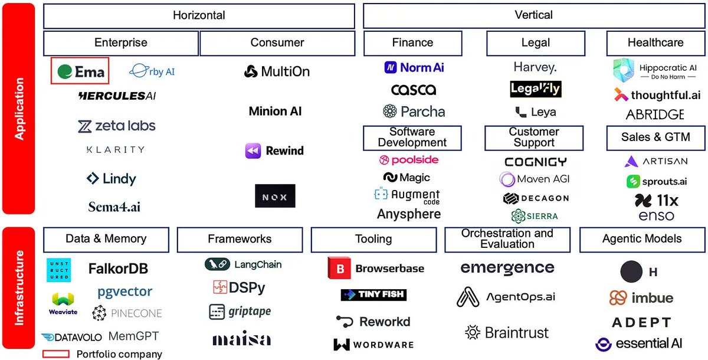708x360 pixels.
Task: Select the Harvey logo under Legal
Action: point(535,67)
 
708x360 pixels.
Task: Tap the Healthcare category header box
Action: point(655,43)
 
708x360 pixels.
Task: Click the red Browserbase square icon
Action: point(339,269)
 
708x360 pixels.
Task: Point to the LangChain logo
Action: point(243,264)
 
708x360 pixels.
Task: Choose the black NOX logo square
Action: point(275,196)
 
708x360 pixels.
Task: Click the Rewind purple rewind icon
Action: point(253,151)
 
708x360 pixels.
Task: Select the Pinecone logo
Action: point(127,313)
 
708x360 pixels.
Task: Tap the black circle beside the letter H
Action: point(631,271)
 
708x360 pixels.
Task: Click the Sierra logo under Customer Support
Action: point(535,216)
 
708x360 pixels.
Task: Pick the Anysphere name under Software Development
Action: point(409,214)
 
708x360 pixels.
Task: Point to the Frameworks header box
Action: point(240,239)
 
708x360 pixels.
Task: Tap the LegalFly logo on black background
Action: point(536,89)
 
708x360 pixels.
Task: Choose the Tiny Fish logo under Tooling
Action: point(373,294)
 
